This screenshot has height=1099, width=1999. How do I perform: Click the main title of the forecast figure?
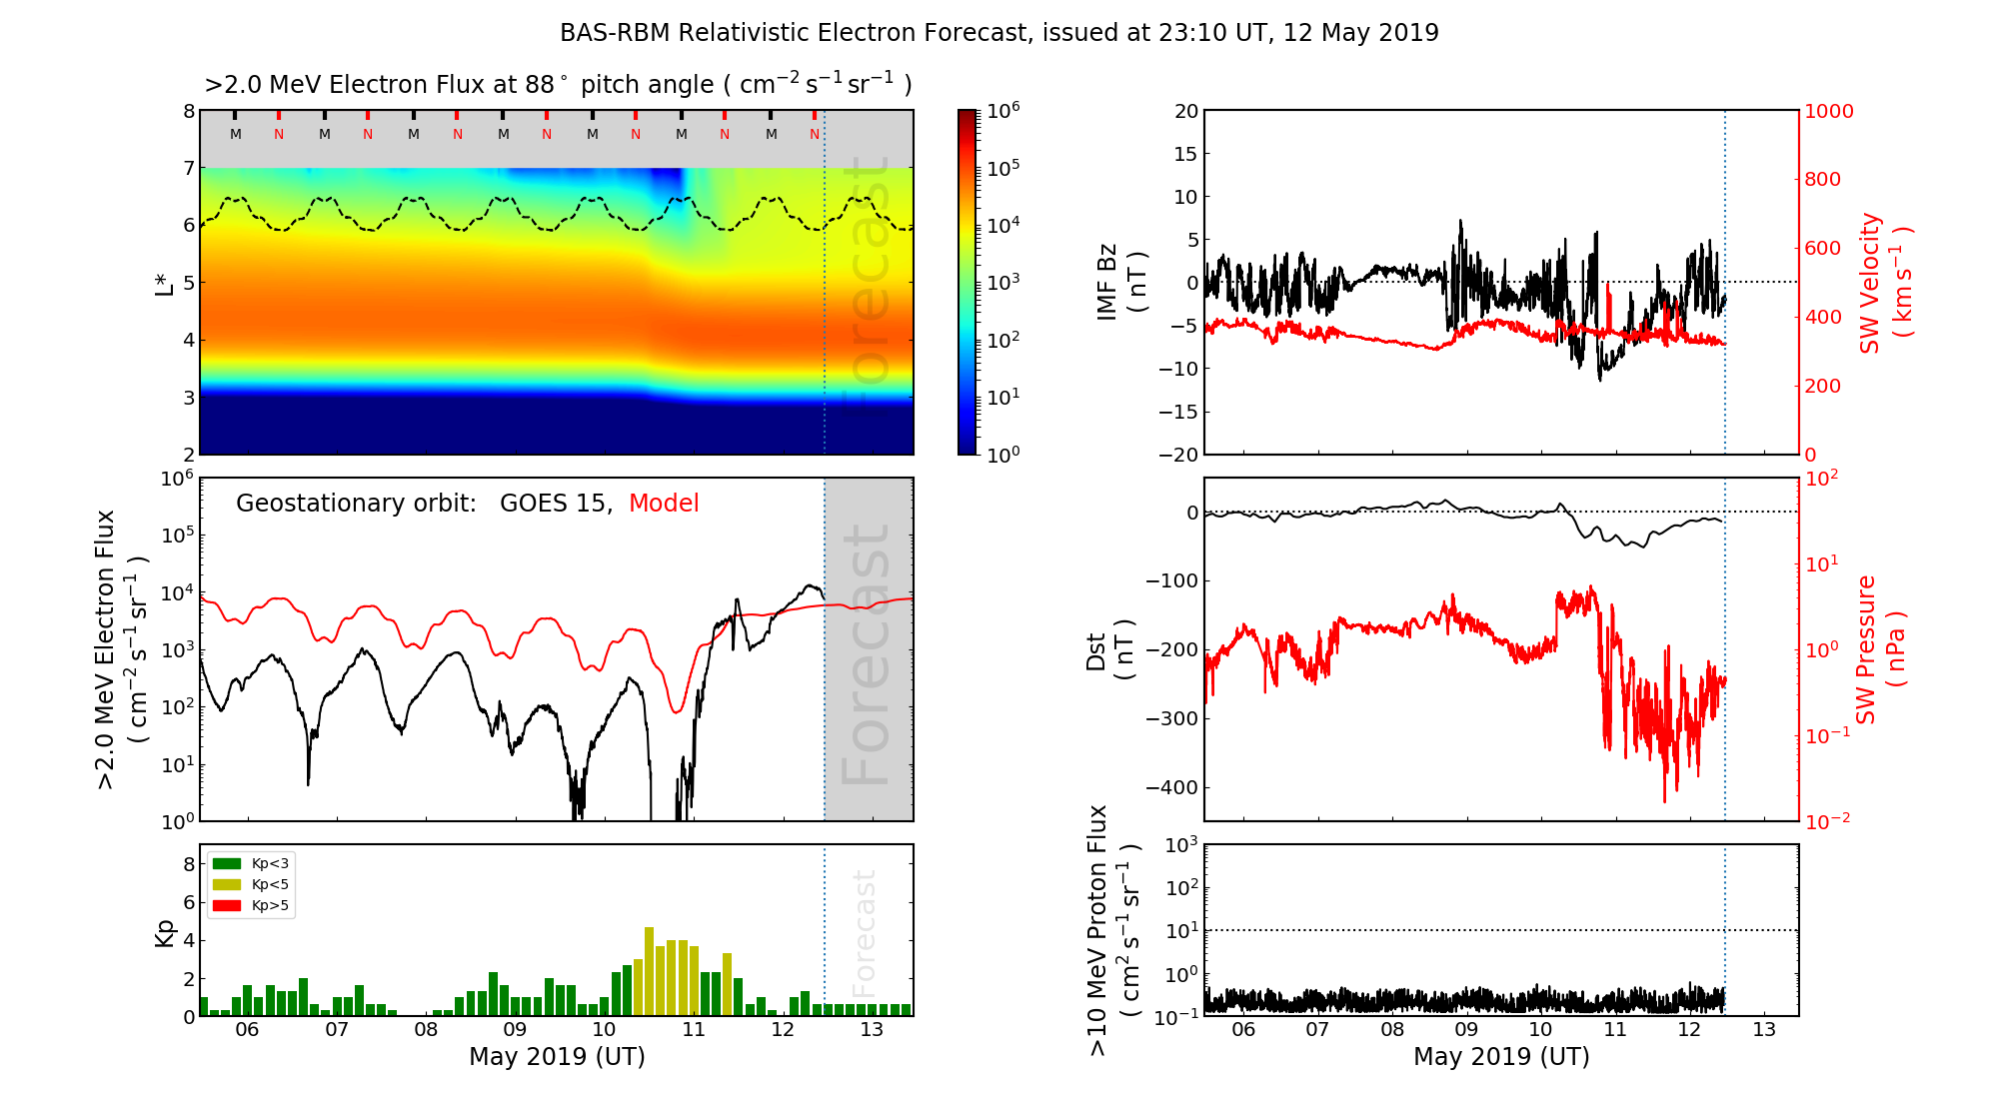click(x=999, y=33)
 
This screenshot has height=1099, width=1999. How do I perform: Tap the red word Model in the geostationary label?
click(x=664, y=504)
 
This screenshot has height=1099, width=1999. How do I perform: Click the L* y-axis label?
click(x=165, y=282)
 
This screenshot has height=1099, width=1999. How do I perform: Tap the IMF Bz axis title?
click(x=1121, y=284)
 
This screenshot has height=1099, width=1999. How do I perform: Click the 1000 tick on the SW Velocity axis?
click(x=1828, y=112)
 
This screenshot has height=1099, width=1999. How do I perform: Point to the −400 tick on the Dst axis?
click(x=1171, y=788)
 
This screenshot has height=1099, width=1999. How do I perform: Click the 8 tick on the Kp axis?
click(x=189, y=864)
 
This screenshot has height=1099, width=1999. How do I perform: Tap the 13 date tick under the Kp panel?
click(x=872, y=1030)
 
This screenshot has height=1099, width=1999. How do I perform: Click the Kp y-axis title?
click(x=165, y=933)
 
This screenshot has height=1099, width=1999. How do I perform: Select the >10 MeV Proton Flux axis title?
click(x=1113, y=931)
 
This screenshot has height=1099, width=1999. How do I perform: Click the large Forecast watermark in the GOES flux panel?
click(x=866, y=654)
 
